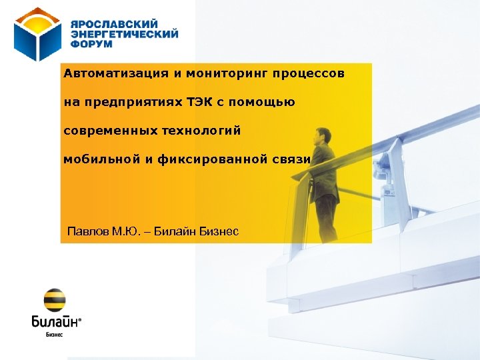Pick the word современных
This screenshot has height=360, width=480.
pyautogui.click(x=110, y=131)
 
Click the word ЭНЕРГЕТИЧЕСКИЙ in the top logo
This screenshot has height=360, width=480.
pyautogui.click(x=125, y=33)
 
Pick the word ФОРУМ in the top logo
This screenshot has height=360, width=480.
pyautogui.click(x=91, y=43)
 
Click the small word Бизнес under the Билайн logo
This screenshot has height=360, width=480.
pyautogui.click(x=54, y=335)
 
